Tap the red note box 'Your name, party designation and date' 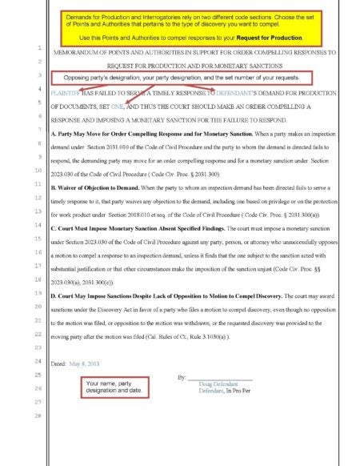point(116,388)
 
